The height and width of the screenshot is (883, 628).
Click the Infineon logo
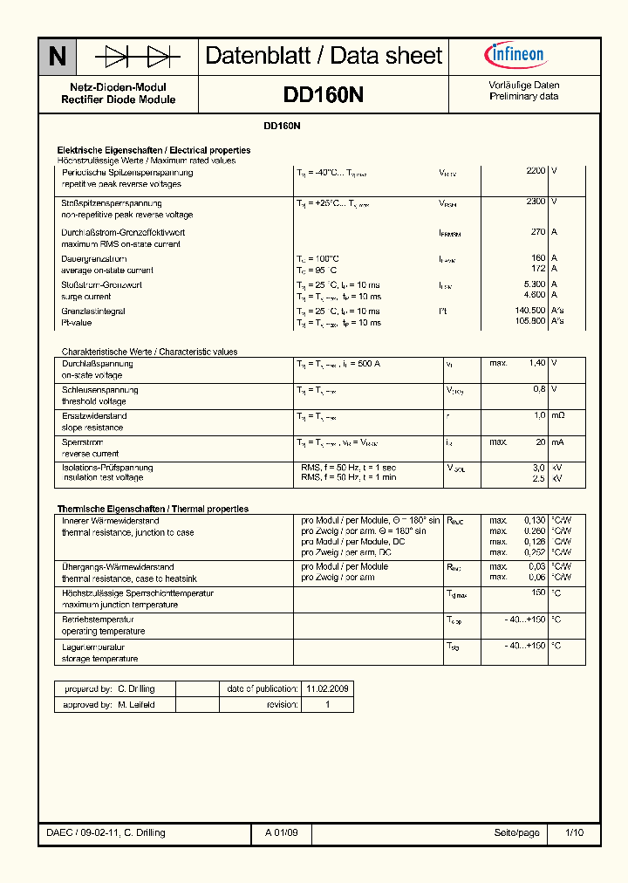(x=515, y=56)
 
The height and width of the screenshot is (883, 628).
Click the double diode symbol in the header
(x=138, y=58)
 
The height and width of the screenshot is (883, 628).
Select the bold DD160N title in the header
(x=324, y=94)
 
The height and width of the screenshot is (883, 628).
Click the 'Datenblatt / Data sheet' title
(x=324, y=57)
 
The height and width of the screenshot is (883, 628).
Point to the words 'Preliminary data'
(x=524, y=97)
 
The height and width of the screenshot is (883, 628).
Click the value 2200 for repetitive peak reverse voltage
(x=536, y=172)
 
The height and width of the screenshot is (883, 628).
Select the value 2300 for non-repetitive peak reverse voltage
(x=536, y=202)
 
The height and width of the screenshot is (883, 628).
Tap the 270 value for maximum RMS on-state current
(x=538, y=232)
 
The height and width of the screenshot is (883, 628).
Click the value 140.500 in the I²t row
(x=529, y=311)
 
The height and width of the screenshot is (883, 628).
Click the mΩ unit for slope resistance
(x=558, y=416)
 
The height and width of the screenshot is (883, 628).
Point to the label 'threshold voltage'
(x=93, y=401)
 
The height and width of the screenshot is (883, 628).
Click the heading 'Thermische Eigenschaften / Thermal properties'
(x=153, y=509)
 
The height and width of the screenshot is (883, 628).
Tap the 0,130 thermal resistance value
(x=534, y=521)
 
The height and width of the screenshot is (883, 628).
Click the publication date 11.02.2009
(x=327, y=688)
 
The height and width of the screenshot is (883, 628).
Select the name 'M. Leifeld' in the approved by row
(x=136, y=704)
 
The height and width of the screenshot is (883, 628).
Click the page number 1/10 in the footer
(x=574, y=833)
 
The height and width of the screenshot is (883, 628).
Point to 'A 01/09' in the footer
(x=282, y=833)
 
